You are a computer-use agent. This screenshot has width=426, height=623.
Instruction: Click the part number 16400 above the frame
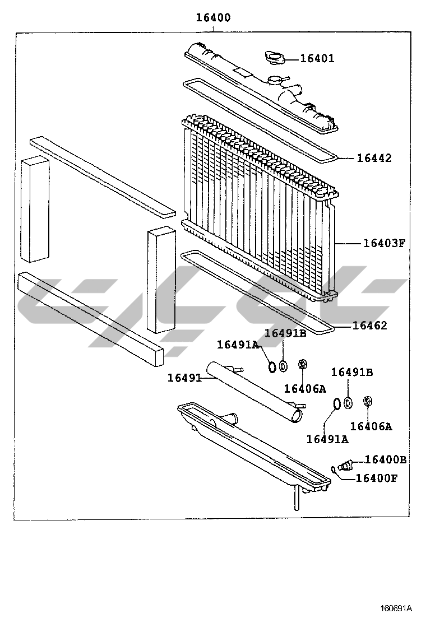pos(213,18)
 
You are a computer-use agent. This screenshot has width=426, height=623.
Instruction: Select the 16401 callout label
pos(317,58)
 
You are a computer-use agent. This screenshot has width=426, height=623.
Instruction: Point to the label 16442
pos(374,158)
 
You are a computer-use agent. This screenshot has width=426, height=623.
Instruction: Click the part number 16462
pos(369,326)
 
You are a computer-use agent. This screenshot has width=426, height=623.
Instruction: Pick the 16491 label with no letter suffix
pos(184,378)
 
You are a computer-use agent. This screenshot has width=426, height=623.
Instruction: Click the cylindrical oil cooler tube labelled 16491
pos(255,391)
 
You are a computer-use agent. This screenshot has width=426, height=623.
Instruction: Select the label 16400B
pos(386,459)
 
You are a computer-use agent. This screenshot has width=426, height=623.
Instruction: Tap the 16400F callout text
pos(376,477)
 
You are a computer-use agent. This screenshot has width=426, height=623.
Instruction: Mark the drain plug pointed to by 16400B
pos(345,464)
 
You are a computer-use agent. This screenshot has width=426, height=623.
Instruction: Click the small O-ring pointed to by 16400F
pos(334,471)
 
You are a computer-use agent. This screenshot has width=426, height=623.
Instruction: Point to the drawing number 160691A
pos(396,608)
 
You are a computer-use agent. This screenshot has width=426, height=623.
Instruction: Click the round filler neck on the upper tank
pos(275,81)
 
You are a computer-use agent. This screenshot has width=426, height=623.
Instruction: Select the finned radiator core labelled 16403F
pos(260,207)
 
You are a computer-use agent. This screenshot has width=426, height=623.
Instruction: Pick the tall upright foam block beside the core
pos(161,280)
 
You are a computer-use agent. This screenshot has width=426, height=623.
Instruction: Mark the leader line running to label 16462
pos(344,326)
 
